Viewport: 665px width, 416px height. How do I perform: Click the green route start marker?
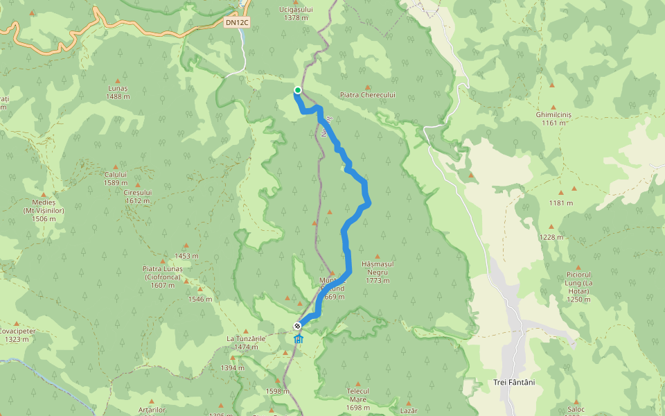(x=298, y=90)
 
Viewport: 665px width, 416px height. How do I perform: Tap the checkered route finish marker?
(x=297, y=326)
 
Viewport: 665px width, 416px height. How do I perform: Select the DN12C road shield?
(x=238, y=22)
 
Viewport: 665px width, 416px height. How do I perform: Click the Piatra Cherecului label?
(x=367, y=94)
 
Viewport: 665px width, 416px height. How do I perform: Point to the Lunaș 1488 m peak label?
(x=118, y=93)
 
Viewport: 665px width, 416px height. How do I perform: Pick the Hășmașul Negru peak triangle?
(x=377, y=256)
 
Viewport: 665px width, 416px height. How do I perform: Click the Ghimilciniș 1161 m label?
(x=553, y=119)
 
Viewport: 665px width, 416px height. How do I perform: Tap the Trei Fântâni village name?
(x=513, y=383)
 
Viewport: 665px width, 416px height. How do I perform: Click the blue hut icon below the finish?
(x=299, y=339)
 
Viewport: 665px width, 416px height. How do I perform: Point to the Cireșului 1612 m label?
(x=138, y=196)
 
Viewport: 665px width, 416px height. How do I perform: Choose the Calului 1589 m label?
(x=116, y=179)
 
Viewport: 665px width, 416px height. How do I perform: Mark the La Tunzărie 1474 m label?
(x=246, y=343)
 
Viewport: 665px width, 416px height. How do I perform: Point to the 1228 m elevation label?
(x=552, y=237)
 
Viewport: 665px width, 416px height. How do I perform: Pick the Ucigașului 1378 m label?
(x=296, y=13)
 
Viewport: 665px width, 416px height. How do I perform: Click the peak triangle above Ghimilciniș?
(x=552, y=86)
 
